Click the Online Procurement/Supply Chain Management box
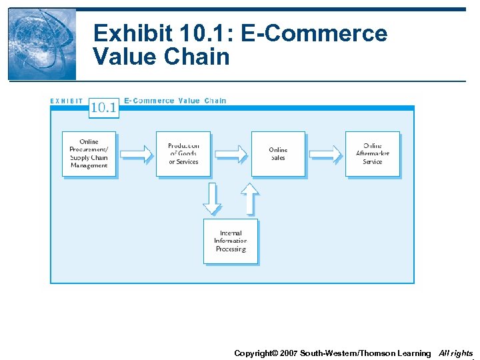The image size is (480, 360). tap(89, 153)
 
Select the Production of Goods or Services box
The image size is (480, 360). tap(183, 153)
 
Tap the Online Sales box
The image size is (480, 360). tap(278, 153)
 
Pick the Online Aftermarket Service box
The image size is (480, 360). tap(372, 153)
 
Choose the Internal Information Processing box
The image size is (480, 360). tap(230, 241)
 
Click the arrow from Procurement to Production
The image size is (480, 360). tap(136, 153)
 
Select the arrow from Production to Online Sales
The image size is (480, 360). tap(231, 153)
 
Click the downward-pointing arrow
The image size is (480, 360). tap(212, 199)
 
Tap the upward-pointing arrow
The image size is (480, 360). tap(249, 199)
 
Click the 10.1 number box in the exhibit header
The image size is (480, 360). tap(103, 107)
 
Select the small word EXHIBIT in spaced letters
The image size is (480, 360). tap(67, 101)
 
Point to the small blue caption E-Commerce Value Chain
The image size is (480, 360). tap(175, 101)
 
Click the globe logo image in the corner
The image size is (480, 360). tap(41, 44)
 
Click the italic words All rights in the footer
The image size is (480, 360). tap(456, 353)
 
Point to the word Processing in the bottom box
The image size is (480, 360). tap(231, 249)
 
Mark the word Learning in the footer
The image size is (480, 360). tap(414, 353)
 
